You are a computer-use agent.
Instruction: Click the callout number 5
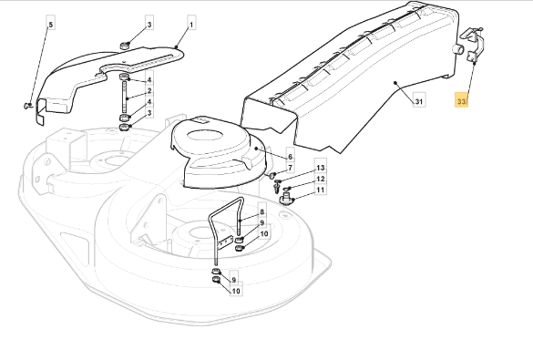tap(51, 25)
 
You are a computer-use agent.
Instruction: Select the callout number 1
tap(191, 25)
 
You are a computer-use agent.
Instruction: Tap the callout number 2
tap(149, 91)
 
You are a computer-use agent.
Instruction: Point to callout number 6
tap(290, 157)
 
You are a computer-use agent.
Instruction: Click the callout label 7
tap(290, 168)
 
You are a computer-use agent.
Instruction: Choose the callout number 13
tap(321, 168)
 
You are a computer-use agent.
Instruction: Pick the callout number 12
tap(321, 180)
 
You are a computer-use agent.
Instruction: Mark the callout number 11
tap(321, 190)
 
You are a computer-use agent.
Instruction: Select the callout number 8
tap(261, 212)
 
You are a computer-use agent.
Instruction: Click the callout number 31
tap(419, 101)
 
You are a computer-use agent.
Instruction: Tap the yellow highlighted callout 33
tap(461, 101)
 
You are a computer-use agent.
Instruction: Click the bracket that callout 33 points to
tap(474, 45)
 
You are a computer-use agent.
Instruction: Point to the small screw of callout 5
tap(27, 107)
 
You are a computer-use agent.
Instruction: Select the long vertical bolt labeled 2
tap(125, 95)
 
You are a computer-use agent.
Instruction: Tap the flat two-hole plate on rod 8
tap(225, 242)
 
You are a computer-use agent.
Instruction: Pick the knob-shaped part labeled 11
tap(286, 198)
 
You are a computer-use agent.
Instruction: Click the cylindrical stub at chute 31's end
tap(457, 49)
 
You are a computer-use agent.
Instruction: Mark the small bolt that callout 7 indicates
tap(272, 176)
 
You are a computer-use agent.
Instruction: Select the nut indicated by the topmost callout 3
tap(125, 46)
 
